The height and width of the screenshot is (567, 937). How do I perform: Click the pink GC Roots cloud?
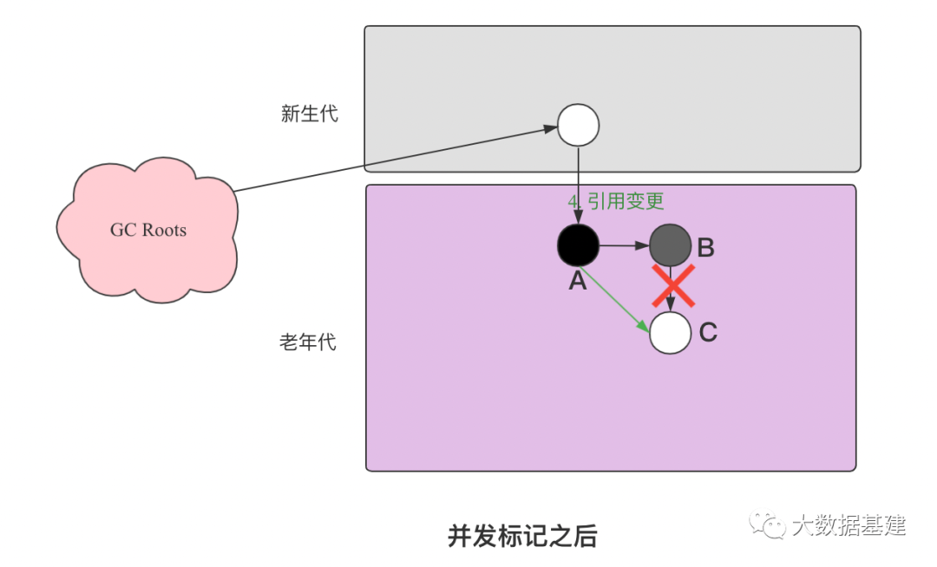tap(148, 230)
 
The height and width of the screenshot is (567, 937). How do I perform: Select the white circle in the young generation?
tap(578, 125)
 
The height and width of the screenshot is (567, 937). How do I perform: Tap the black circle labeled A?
tap(578, 245)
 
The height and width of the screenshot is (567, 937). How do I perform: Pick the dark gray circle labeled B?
tap(671, 245)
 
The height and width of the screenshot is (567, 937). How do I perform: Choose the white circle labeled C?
tap(671, 333)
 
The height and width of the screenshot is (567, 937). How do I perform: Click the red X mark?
tap(673, 286)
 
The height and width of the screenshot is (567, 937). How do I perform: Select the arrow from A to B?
tap(624, 245)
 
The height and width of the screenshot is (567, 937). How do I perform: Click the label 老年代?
tap(307, 342)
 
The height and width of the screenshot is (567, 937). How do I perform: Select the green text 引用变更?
tap(626, 201)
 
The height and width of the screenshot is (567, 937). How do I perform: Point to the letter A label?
tap(578, 281)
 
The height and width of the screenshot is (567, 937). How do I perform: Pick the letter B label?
tap(705, 248)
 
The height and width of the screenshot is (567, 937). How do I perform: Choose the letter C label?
tap(708, 333)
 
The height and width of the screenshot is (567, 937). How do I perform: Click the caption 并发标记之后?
tap(522, 536)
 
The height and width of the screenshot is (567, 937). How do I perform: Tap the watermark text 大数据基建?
tap(849, 525)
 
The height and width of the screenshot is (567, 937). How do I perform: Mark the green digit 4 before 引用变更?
tap(573, 201)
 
